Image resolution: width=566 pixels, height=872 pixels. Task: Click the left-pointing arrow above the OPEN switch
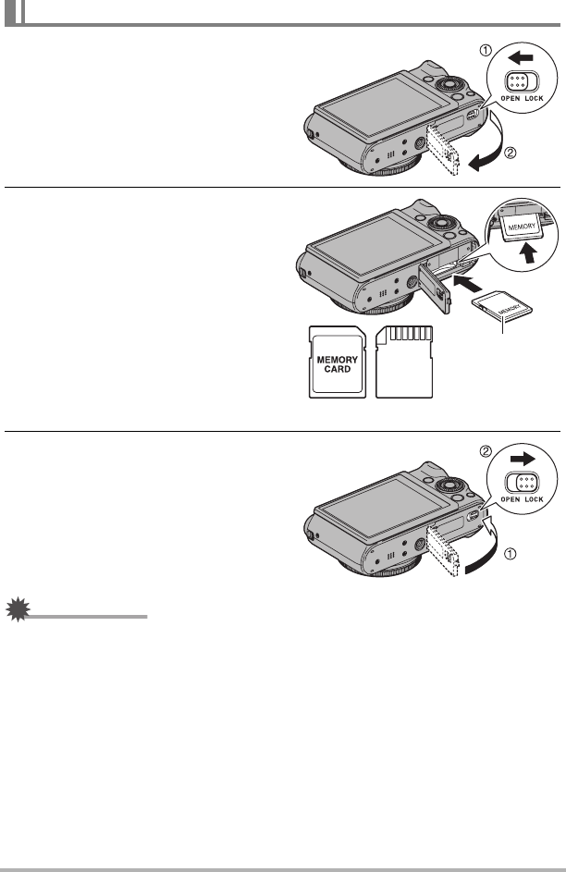tap(521, 56)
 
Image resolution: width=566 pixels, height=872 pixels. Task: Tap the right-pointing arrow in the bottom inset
tap(523, 459)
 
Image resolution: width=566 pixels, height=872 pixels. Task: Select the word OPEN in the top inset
tap(511, 98)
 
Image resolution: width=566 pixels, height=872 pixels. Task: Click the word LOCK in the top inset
tap(534, 98)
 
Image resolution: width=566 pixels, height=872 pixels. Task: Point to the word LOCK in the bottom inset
tap(534, 499)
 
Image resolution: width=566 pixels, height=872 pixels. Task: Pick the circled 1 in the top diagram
tap(486, 51)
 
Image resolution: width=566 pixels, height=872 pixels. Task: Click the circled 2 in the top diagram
tap(511, 152)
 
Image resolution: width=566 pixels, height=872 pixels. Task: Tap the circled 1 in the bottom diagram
tap(511, 553)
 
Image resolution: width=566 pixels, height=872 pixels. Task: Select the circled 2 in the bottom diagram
tap(486, 451)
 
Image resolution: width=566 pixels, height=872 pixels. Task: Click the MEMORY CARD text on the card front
tap(337, 364)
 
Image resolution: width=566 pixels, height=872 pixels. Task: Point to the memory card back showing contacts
tap(404, 362)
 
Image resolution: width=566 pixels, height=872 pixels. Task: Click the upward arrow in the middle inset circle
tap(531, 253)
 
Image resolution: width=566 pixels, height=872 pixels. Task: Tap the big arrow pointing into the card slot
tap(467, 284)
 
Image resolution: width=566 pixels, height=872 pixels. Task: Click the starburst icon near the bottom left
tap(18, 609)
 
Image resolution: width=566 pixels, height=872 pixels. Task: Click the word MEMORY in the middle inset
tap(522, 227)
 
